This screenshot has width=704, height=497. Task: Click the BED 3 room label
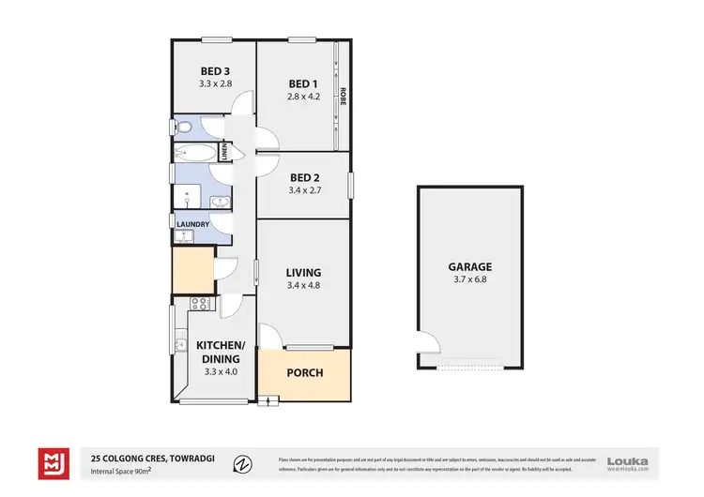215,71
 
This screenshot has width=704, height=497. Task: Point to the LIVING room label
304,273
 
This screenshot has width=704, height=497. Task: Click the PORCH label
304,373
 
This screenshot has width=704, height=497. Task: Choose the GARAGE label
470,266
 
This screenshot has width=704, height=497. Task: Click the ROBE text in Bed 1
344,96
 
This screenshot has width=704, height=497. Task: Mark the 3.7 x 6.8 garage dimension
470,279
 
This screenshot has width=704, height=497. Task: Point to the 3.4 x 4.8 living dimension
304,286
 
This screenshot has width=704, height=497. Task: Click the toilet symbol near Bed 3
184,128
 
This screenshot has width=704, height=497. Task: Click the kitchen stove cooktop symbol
199,303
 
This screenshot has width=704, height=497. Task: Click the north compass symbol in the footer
242,462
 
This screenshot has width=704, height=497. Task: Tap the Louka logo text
628,459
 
